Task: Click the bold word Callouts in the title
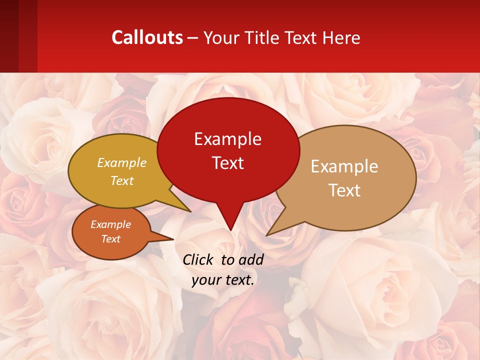pyautogui.click(x=147, y=37)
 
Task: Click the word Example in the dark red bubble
pyautogui.click(x=227, y=139)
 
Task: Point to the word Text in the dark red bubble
pyautogui.click(x=227, y=163)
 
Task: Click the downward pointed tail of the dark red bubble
pyautogui.click(x=230, y=225)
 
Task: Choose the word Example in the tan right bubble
pyautogui.click(x=344, y=166)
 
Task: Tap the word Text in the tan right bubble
pyautogui.click(x=344, y=190)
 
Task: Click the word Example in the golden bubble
pyautogui.click(x=122, y=163)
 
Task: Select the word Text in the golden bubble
pyautogui.click(x=122, y=180)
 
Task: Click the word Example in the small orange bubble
pyautogui.click(x=111, y=224)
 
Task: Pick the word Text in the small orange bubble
pyautogui.click(x=111, y=239)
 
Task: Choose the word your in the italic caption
pyautogui.click(x=205, y=280)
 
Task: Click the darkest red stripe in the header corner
pyautogui.click(x=9, y=36)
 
